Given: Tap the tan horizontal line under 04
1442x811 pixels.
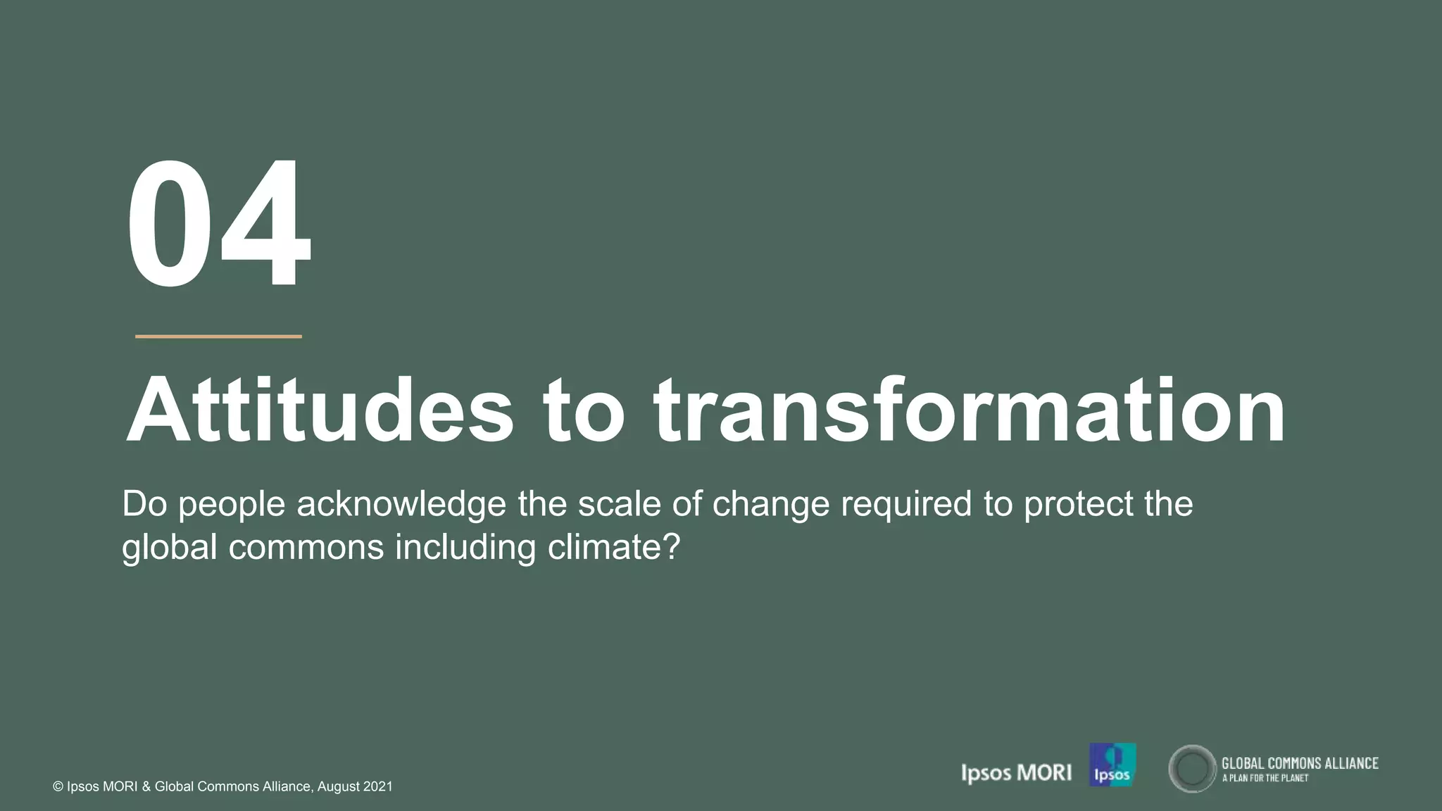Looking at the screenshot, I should (218, 337).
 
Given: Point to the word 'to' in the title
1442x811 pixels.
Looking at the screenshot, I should (584, 412).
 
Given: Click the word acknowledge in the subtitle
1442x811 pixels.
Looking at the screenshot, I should (401, 505).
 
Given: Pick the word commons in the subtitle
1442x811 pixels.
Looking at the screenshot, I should (306, 548).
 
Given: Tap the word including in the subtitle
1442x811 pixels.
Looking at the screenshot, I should (465, 548).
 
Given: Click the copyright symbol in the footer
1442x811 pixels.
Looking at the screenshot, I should (58, 787).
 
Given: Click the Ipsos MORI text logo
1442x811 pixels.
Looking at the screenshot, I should (1016, 773).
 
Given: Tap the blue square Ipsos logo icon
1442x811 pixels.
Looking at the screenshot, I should (1112, 765).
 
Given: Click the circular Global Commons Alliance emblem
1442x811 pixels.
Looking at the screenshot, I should (1192, 769).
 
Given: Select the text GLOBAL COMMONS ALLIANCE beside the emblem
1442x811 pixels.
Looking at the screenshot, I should (1299, 763).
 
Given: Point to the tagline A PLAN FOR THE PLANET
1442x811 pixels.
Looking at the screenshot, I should (1265, 779).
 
